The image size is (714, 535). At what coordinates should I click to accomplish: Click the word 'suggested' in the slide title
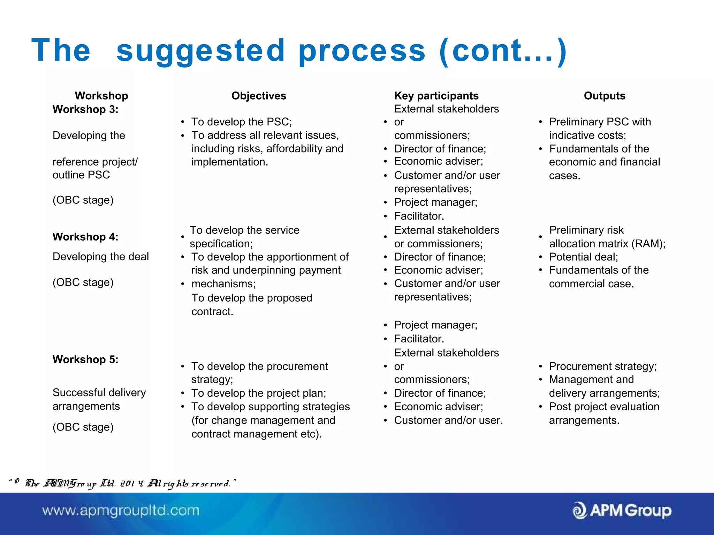pyautogui.click(x=200, y=51)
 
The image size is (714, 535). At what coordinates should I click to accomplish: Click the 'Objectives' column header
pyautogui.click(x=259, y=96)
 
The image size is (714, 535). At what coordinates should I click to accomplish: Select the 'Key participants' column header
pyautogui.click(x=436, y=96)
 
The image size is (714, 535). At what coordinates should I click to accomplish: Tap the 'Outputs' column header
pyautogui.click(x=605, y=96)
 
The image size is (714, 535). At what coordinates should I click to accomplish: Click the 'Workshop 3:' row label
pyautogui.click(x=85, y=109)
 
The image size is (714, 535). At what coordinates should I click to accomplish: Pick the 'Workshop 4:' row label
pyautogui.click(x=85, y=237)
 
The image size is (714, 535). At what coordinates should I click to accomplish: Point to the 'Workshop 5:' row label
pyautogui.click(x=85, y=359)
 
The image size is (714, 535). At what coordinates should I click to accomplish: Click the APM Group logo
pyautogui.click(x=622, y=511)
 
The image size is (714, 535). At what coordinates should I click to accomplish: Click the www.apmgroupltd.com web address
pyautogui.click(x=121, y=511)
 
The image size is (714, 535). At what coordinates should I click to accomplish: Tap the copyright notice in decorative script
pyautogui.click(x=122, y=483)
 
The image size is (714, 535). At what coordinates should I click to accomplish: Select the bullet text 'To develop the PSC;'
pyautogui.click(x=241, y=122)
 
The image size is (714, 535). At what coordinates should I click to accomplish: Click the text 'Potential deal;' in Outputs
pyautogui.click(x=583, y=257)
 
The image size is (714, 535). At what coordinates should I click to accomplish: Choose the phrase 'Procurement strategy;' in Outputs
pyautogui.click(x=603, y=366)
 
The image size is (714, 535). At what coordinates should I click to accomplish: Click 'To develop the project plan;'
pyautogui.click(x=258, y=393)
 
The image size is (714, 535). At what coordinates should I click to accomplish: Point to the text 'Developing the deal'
pyautogui.click(x=100, y=257)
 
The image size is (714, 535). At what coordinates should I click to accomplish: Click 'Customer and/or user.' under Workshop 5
pyautogui.click(x=448, y=420)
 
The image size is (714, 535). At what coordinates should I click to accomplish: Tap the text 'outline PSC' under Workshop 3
pyautogui.click(x=81, y=175)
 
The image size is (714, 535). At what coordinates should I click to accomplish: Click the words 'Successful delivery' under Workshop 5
pyautogui.click(x=99, y=393)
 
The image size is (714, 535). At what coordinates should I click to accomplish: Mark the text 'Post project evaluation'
pyautogui.click(x=604, y=407)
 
